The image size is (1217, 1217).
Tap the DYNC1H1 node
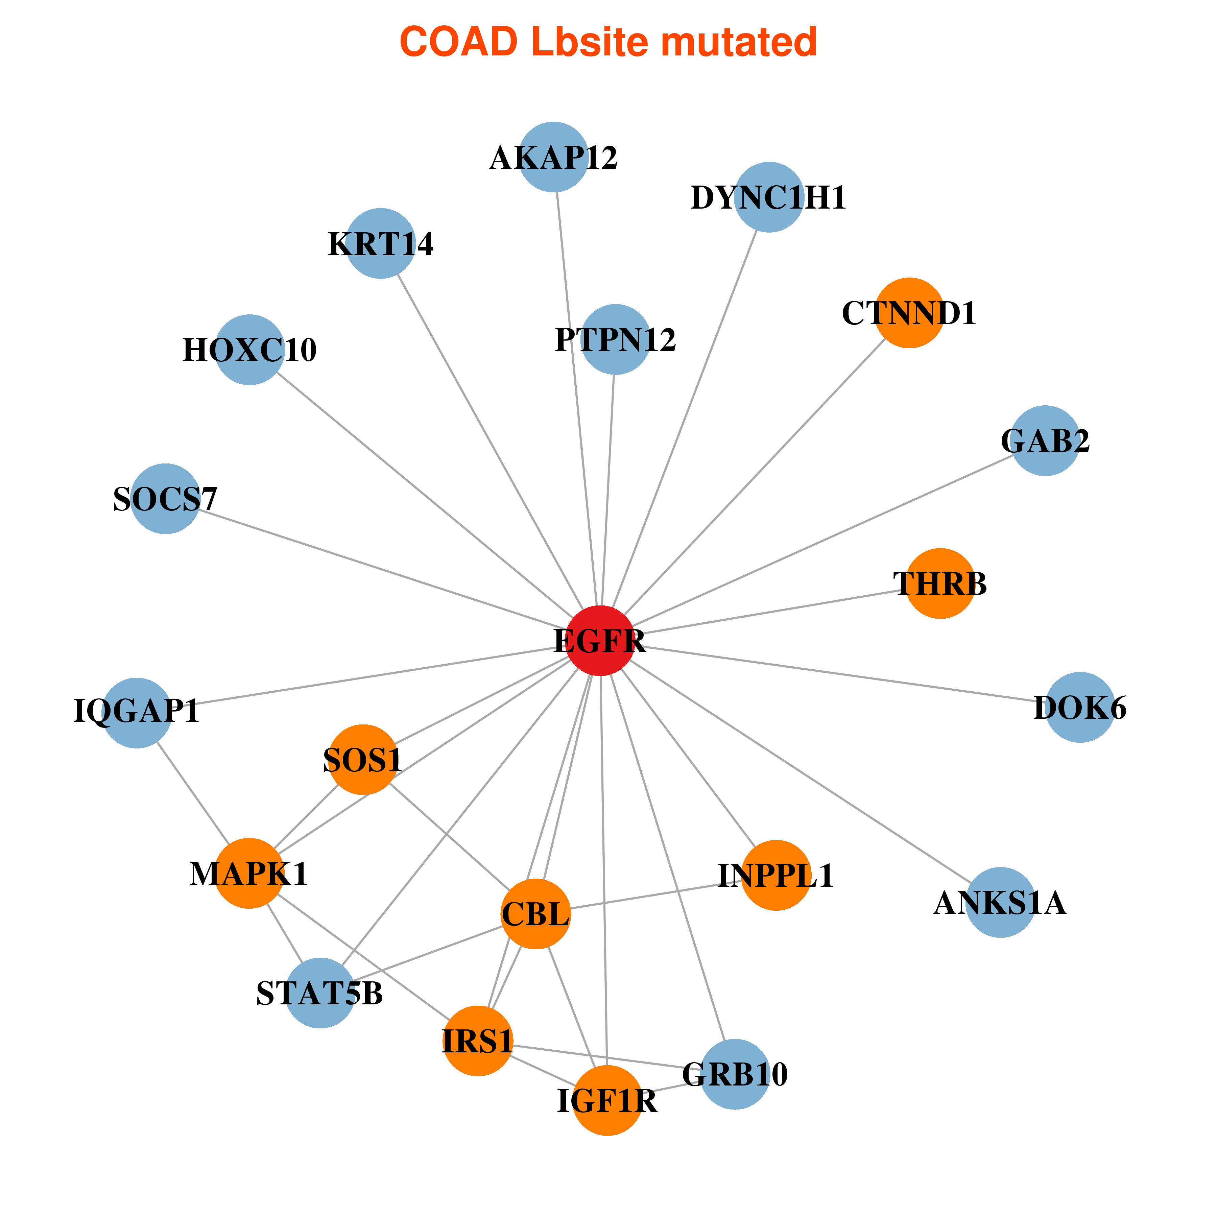769,197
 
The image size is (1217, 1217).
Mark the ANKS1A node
1000,903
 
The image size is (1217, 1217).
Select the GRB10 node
735,1074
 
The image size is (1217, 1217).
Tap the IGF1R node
607,1100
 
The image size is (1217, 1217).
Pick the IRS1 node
478,1041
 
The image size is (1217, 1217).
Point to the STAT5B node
320,994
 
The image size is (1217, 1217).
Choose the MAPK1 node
249,874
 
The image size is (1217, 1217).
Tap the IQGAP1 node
137,713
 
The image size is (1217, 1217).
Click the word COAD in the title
459,42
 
